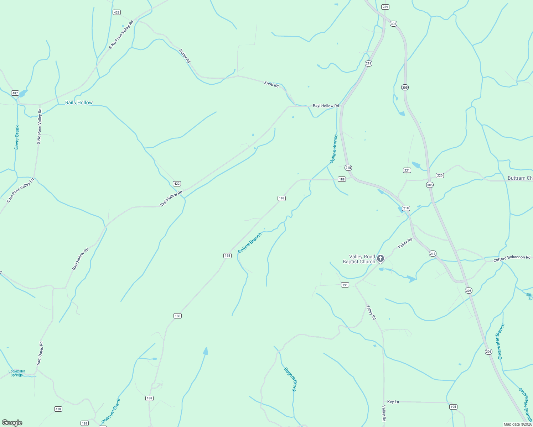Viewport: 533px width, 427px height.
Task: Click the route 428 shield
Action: point(117,12)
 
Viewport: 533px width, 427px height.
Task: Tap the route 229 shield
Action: point(385,7)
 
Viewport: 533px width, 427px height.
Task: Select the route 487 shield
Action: point(15,93)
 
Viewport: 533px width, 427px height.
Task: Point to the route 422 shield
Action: point(177,184)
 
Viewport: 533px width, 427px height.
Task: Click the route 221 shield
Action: point(407,170)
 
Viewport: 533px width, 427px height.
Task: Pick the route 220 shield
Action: point(440,175)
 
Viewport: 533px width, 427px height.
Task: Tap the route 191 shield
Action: point(345,285)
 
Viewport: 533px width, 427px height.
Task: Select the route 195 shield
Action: point(453,407)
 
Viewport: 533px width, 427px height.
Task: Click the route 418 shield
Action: point(58,409)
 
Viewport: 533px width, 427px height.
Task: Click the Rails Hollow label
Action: point(79,102)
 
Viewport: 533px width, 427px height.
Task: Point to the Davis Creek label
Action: point(17,137)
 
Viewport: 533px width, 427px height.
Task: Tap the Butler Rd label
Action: point(185,56)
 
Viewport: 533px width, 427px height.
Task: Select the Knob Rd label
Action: point(271,84)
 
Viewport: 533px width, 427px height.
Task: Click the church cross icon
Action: point(381,259)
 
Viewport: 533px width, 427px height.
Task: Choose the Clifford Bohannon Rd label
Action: point(512,259)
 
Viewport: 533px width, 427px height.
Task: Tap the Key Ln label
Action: point(393,402)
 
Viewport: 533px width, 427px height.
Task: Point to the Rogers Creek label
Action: point(290,379)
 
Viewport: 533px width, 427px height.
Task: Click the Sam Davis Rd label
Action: point(40,353)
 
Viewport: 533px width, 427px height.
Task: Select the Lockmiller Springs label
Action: point(17,373)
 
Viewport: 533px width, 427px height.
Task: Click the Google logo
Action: point(12,423)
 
